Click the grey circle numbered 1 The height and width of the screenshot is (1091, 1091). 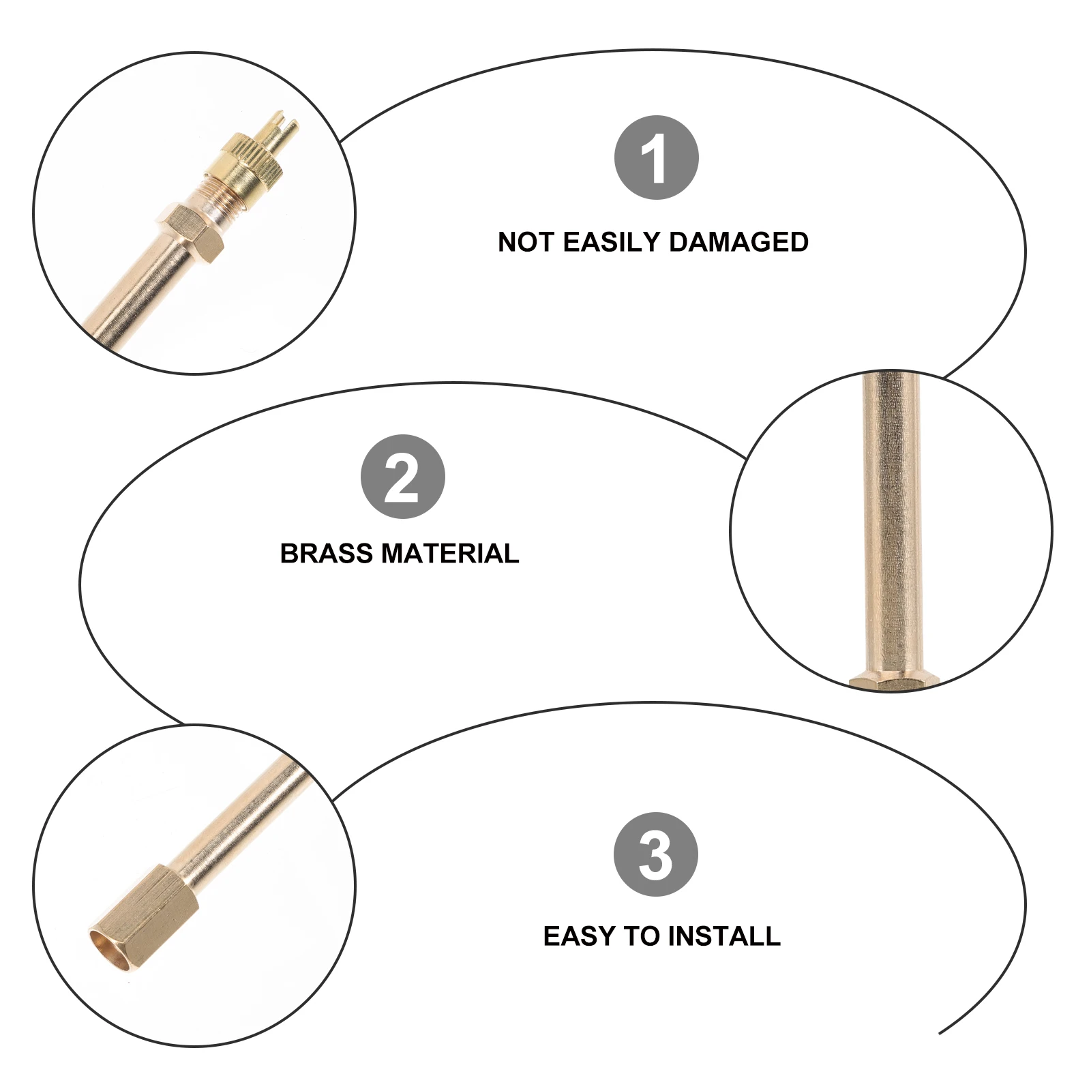pyautogui.click(x=656, y=158)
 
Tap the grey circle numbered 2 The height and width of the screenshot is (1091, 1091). pyautogui.click(x=402, y=477)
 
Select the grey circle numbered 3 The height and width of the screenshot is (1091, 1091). pyautogui.click(x=655, y=854)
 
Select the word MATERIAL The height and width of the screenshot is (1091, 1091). pyautogui.click(x=451, y=553)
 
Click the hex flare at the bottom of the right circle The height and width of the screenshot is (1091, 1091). pyautogui.click(x=893, y=682)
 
